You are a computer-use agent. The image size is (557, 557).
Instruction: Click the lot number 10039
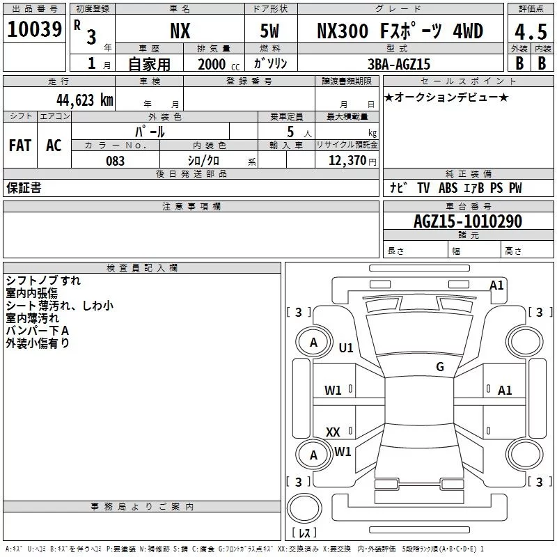[x=35, y=30]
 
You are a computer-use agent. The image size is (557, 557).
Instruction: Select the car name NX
[x=180, y=31]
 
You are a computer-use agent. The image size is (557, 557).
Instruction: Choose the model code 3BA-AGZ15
[x=399, y=64]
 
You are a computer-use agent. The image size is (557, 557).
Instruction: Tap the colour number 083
[x=115, y=161]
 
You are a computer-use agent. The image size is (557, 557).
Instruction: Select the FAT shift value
[x=19, y=146]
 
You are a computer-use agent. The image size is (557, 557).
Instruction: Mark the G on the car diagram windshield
[x=440, y=367]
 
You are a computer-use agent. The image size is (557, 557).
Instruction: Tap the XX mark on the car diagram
[x=334, y=432]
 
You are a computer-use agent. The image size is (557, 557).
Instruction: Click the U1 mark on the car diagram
[x=346, y=347]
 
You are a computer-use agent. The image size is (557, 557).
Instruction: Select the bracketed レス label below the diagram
[x=304, y=533]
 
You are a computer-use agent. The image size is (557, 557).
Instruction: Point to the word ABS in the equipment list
[x=448, y=188]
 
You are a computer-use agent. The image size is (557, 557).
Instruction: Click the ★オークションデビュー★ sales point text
[x=446, y=97]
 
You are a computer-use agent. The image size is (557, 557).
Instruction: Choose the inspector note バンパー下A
[x=38, y=330]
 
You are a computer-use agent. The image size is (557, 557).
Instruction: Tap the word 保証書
[x=24, y=188]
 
